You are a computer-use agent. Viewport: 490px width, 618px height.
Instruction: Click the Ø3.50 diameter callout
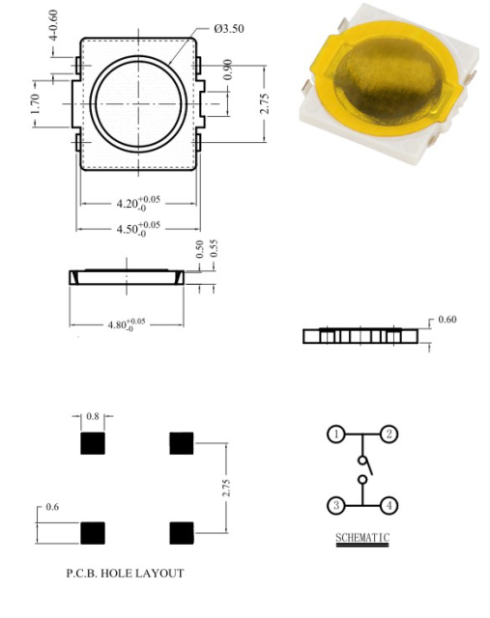(x=229, y=29)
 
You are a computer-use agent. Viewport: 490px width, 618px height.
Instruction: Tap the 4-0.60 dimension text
(x=53, y=25)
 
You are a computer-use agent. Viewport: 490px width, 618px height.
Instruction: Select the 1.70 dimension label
(x=35, y=103)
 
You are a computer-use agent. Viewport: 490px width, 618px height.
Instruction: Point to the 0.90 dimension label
(x=228, y=70)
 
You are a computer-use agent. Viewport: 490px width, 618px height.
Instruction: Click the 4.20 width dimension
(x=138, y=203)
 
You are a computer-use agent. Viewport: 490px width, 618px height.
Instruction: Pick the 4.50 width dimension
(x=138, y=229)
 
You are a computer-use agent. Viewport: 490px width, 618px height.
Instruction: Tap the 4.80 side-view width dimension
(x=127, y=324)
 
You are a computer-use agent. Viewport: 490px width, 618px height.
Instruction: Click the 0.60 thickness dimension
(x=447, y=319)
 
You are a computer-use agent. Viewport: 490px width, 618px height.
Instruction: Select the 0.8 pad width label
(x=93, y=416)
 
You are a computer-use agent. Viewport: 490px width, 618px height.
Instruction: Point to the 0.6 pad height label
(x=52, y=507)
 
